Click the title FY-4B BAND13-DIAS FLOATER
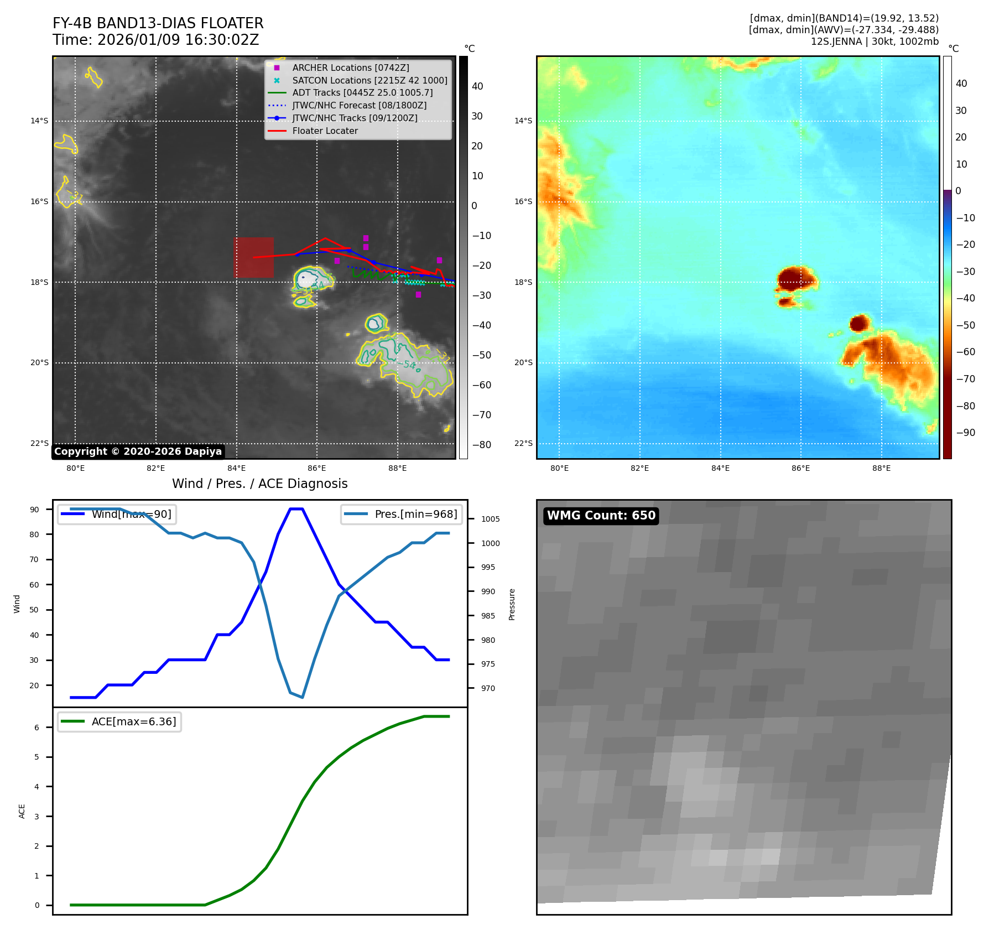click(x=158, y=23)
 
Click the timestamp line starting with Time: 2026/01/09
click(x=155, y=40)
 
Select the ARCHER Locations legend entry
click(x=351, y=67)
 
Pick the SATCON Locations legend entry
click(x=369, y=80)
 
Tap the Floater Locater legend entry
click(x=325, y=131)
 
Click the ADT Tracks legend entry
click(x=362, y=92)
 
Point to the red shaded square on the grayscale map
click(x=253, y=257)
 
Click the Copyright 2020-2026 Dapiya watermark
click(x=138, y=451)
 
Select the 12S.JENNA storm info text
click(x=875, y=41)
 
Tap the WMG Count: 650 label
click(x=601, y=516)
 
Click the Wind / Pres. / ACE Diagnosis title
click(x=259, y=484)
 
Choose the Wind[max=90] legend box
click(x=117, y=514)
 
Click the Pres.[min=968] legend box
click(x=400, y=514)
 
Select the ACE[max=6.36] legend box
click(x=119, y=721)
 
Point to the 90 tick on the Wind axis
click(x=34, y=510)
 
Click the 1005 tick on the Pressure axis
click(x=490, y=519)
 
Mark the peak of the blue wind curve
click(x=296, y=509)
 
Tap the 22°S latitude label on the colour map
click(x=523, y=443)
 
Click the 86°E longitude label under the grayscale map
click(x=316, y=468)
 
